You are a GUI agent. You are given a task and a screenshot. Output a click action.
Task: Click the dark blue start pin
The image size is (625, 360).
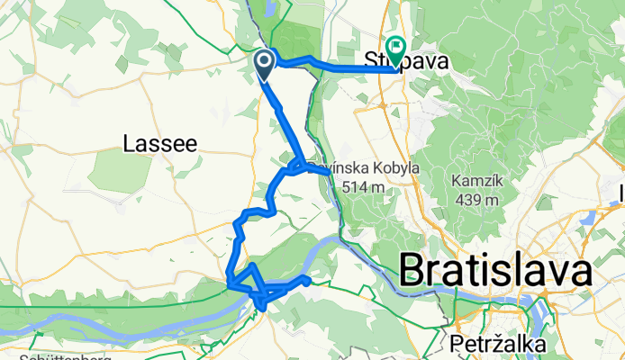point(265,64)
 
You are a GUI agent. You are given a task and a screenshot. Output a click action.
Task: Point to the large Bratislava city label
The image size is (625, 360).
point(494,270)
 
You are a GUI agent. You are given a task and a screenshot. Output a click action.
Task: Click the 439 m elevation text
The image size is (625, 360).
point(471,200)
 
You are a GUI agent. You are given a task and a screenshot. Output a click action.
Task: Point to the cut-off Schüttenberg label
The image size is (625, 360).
point(63,356)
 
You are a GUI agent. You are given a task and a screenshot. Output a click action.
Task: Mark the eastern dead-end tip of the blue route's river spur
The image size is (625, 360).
point(308,281)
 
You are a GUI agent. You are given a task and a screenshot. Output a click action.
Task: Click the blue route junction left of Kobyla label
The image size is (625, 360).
point(294,167)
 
